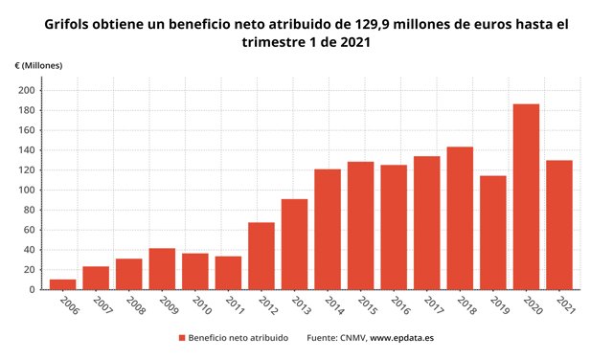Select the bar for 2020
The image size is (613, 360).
pos(526,196)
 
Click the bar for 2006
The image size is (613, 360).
pos(62,284)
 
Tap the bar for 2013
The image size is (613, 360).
pos(294,244)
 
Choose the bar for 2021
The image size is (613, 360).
pos(559,225)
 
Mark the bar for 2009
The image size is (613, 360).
pos(162,269)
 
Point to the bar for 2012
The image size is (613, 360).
pos(261,256)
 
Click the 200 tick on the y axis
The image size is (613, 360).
pos(30,90)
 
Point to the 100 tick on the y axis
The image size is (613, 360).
pos(30,190)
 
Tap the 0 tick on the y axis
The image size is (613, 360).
pos(34,289)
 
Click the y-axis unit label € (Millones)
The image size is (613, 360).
pos(38,64)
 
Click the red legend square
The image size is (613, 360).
pos(182,338)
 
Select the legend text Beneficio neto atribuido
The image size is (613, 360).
pos(239,338)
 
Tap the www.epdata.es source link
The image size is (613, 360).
pos(402,338)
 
